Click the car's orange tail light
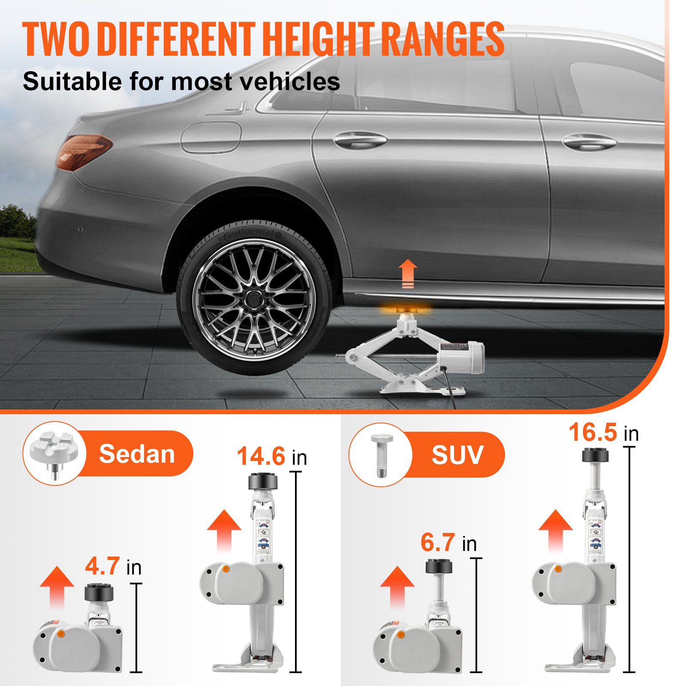[84, 151]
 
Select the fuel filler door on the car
[211, 137]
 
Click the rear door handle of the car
[360, 140]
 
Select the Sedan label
[137, 454]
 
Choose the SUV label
[457, 455]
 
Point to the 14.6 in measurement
[271, 457]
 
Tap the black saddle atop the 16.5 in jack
[595, 455]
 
